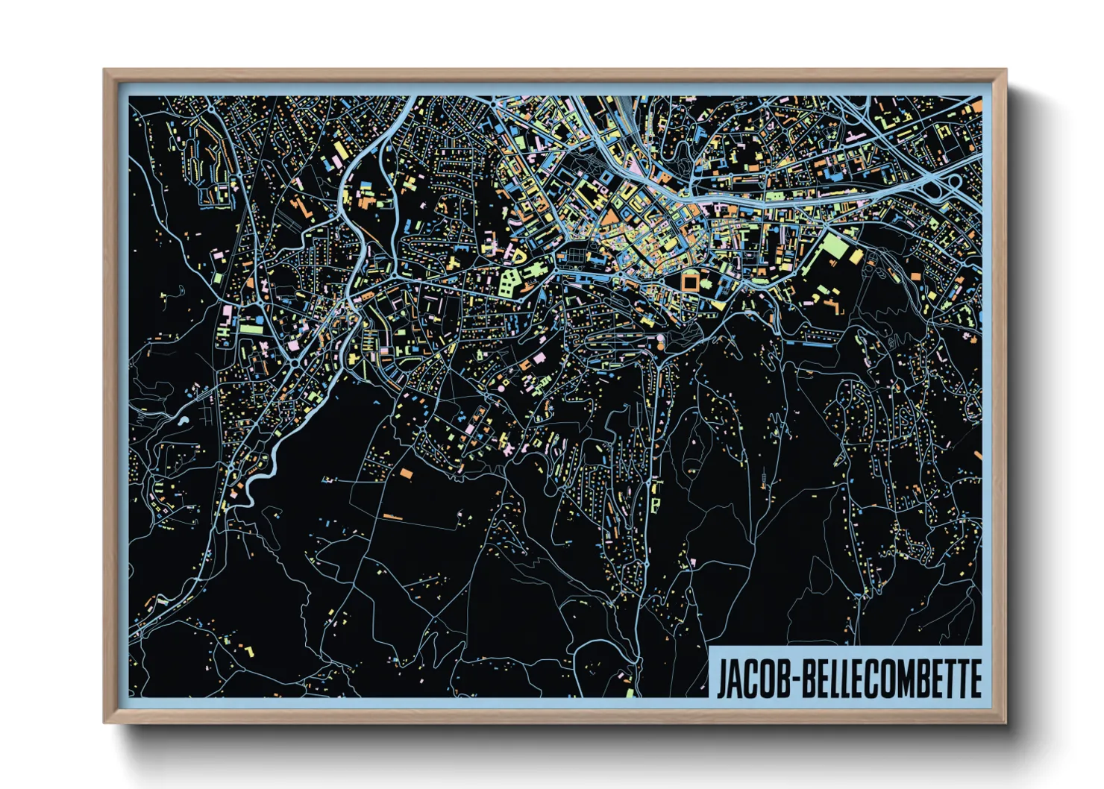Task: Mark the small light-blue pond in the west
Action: coord(184,420)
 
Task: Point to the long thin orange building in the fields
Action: coord(392,516)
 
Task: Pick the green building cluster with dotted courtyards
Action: coord(509,282)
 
